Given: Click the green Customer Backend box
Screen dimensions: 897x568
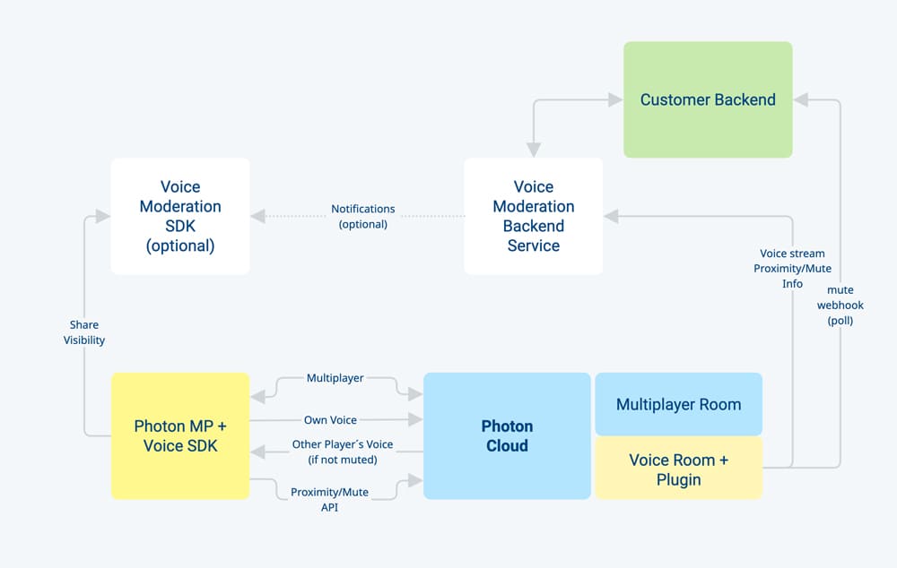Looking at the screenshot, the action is pyautogui.click(x=708, y=99).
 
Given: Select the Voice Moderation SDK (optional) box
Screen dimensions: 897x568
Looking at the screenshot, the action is pyautogui.click(x=180, y=216).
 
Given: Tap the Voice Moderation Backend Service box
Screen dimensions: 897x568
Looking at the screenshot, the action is pyautogui.click(x=533, y=216).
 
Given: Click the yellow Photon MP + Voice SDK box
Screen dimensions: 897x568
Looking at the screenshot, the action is pyautogui.click(x=180, y=436).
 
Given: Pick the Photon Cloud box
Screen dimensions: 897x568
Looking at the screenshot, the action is pyautogui.click(x=507, y=436).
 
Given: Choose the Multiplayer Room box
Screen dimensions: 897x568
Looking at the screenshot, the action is pyautogui.click(x=678, y=404).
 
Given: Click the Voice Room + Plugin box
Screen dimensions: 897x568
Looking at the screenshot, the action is pyautogui.click(x=678, y=469).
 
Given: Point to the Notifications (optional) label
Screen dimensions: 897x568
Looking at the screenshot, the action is pyautogui.click(x=362, y=217).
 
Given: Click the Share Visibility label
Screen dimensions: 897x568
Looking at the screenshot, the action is pyautogui.click(x=84, y=332).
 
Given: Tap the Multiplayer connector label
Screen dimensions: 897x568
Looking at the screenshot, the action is pyautogui.click(x=335, y=378).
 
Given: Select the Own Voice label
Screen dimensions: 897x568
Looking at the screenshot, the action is pyautogui.click(x=330, y=420).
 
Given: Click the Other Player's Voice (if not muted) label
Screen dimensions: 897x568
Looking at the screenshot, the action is pyautogui.click(x=342, y=452).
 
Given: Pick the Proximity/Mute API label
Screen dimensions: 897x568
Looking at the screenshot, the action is pyautogui.click(x=329, y=499).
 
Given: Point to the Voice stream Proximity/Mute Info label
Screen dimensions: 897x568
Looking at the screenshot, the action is pyautogui.click(x=792, y=268).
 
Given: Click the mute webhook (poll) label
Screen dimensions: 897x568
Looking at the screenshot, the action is pyautogui.click(x=840, y=306).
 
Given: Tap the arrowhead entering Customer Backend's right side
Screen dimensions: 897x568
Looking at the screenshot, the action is pyautogui.click(x=801, y=100).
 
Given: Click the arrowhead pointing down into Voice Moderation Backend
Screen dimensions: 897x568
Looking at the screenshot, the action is pyautogui.click(x=533, y=151).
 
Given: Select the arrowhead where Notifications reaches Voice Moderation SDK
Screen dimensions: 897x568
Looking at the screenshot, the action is pyautogui.click(x=258, y=216).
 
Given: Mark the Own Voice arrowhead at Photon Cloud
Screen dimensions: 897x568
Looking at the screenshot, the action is pyautogui.click(x=415, y=419).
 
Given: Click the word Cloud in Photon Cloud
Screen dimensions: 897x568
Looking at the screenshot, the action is pyautogui.click(x=507, y=446).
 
